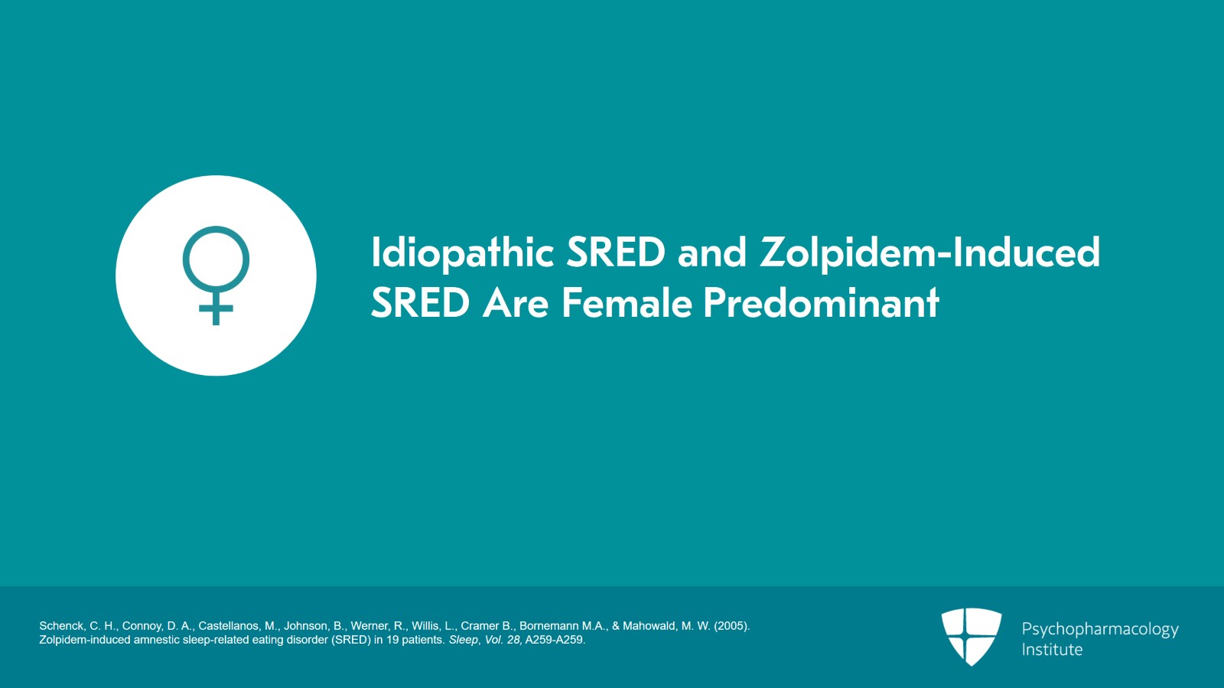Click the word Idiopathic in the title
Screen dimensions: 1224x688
click(x=463, y=253)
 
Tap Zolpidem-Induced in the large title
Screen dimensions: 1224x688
click(x=930, y=253)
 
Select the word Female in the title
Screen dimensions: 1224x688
click(x=627, y=303)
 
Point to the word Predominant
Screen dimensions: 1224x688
click(x=822, y=303)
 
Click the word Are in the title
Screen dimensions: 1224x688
click(x=516, y=303)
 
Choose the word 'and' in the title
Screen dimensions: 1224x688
click(x=712, y=253)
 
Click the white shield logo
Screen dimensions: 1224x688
click(x=971, y=637)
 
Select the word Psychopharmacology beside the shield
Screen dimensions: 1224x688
click(x=1100, y=630)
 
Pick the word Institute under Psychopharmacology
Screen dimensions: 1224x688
click(x=1052, y=650)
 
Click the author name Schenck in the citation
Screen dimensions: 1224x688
click(x=61, y=626)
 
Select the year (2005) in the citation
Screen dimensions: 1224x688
click(x=731, y=626)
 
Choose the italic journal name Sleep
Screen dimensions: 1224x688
click(x=464, y=640)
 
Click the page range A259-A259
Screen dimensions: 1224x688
click(x=555, y=640)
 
